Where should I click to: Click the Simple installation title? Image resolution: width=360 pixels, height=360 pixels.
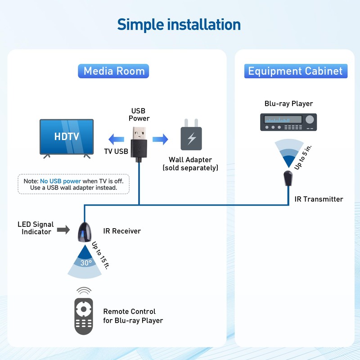coord(179,24)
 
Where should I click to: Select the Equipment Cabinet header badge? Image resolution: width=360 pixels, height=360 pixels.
coord(296,71)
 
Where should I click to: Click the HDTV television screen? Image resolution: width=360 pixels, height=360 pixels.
coord(67,136)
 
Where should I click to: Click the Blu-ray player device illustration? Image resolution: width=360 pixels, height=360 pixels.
coord(288,121)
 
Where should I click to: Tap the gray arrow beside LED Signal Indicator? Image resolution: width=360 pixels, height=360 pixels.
coord(63,230)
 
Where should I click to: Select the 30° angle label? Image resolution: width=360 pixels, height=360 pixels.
coord(86,263)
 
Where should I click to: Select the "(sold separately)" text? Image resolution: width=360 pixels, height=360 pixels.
coord(190,168)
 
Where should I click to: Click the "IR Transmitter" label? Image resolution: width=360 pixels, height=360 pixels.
coord(319,199)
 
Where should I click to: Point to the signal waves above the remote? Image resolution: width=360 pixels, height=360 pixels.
coord(83,290)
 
